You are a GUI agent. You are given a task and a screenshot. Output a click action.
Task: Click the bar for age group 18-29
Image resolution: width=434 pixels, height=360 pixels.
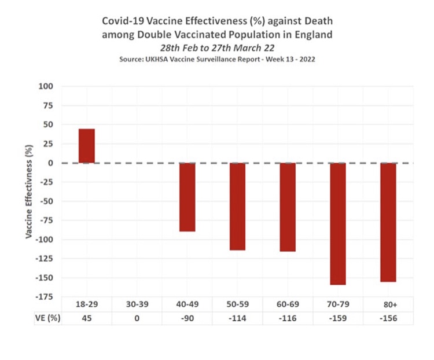87,146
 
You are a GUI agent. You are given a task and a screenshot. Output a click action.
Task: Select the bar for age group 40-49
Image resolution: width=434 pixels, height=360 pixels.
187,197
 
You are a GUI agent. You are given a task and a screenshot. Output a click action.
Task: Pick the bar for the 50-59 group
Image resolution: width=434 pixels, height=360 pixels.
237,206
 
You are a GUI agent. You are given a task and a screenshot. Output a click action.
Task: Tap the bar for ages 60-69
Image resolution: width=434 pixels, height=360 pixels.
288,207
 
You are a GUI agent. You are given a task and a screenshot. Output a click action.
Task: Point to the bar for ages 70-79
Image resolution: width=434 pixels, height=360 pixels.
337,223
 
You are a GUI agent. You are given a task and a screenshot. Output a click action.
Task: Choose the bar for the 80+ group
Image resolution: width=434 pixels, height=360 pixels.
388,222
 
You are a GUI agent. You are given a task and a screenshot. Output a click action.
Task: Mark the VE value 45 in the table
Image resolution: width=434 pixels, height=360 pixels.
87,318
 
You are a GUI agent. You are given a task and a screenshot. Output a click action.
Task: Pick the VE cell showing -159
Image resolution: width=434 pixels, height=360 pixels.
337,318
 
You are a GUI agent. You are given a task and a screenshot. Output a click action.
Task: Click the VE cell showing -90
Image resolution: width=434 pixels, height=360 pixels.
187,318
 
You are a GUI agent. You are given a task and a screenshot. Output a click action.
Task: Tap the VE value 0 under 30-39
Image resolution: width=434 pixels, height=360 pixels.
137,318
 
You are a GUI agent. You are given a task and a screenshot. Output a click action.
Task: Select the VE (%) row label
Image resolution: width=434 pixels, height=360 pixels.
46,318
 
